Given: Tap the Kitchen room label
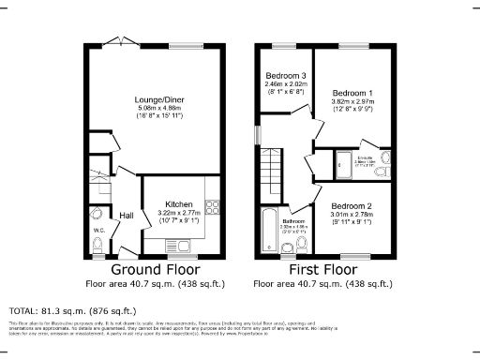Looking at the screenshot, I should click(179, 204).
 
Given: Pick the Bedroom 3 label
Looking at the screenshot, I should click(284, 76).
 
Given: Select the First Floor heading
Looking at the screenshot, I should click(320, 267).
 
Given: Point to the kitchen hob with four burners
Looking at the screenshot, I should click(212, 208).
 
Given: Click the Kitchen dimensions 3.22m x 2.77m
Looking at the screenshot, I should click(179, 214).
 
